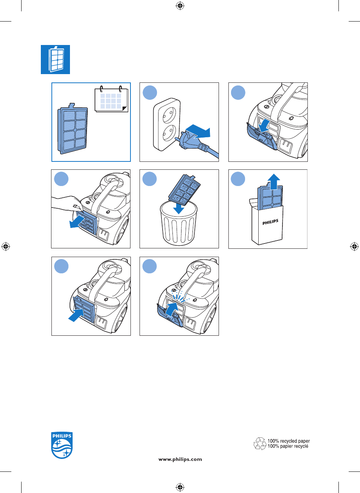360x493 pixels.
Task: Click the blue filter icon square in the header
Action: [x=55, y=59]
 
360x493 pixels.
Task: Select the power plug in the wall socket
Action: [x=187, y=141]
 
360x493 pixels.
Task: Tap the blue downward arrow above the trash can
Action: [x=178, y=208]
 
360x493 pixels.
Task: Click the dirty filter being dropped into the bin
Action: [x=185, y=190]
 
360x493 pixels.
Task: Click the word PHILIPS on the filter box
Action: [x=270, y=222]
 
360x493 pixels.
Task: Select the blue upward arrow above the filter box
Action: [x=274, y=181]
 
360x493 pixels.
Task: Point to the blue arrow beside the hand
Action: [x=77, y=222]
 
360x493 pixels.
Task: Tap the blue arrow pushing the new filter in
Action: [x=76, y=315]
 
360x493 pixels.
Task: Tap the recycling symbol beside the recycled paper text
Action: [x=260, y=444]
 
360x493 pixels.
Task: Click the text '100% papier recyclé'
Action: [x=288, y=446]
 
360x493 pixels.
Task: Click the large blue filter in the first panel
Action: [x=73, y=129]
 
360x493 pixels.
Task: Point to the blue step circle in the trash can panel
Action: [x=149, y=179]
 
